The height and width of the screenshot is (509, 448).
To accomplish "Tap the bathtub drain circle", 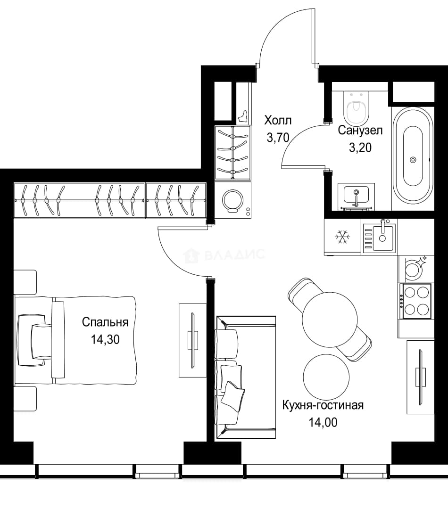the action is [413, 160].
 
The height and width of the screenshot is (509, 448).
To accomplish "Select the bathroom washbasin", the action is [356, 197].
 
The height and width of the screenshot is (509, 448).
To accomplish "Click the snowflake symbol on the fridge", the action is [342, 237].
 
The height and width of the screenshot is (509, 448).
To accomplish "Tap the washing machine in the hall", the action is [232, 200].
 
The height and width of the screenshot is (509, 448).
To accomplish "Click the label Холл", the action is [278, 121].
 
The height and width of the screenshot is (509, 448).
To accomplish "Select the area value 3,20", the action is [360, 148].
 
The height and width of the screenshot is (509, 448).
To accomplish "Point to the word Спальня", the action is [105, 322].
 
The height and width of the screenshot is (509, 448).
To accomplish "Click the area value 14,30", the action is [105, 339].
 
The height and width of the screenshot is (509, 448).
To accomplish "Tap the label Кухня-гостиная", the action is [323, 405].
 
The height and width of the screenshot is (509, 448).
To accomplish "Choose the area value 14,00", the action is [323, 422].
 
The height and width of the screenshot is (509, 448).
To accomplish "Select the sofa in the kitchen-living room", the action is [245, 378].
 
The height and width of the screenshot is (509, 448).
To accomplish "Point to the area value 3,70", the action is [278, 138].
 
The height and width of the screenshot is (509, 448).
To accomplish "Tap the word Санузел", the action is [360, 131].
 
